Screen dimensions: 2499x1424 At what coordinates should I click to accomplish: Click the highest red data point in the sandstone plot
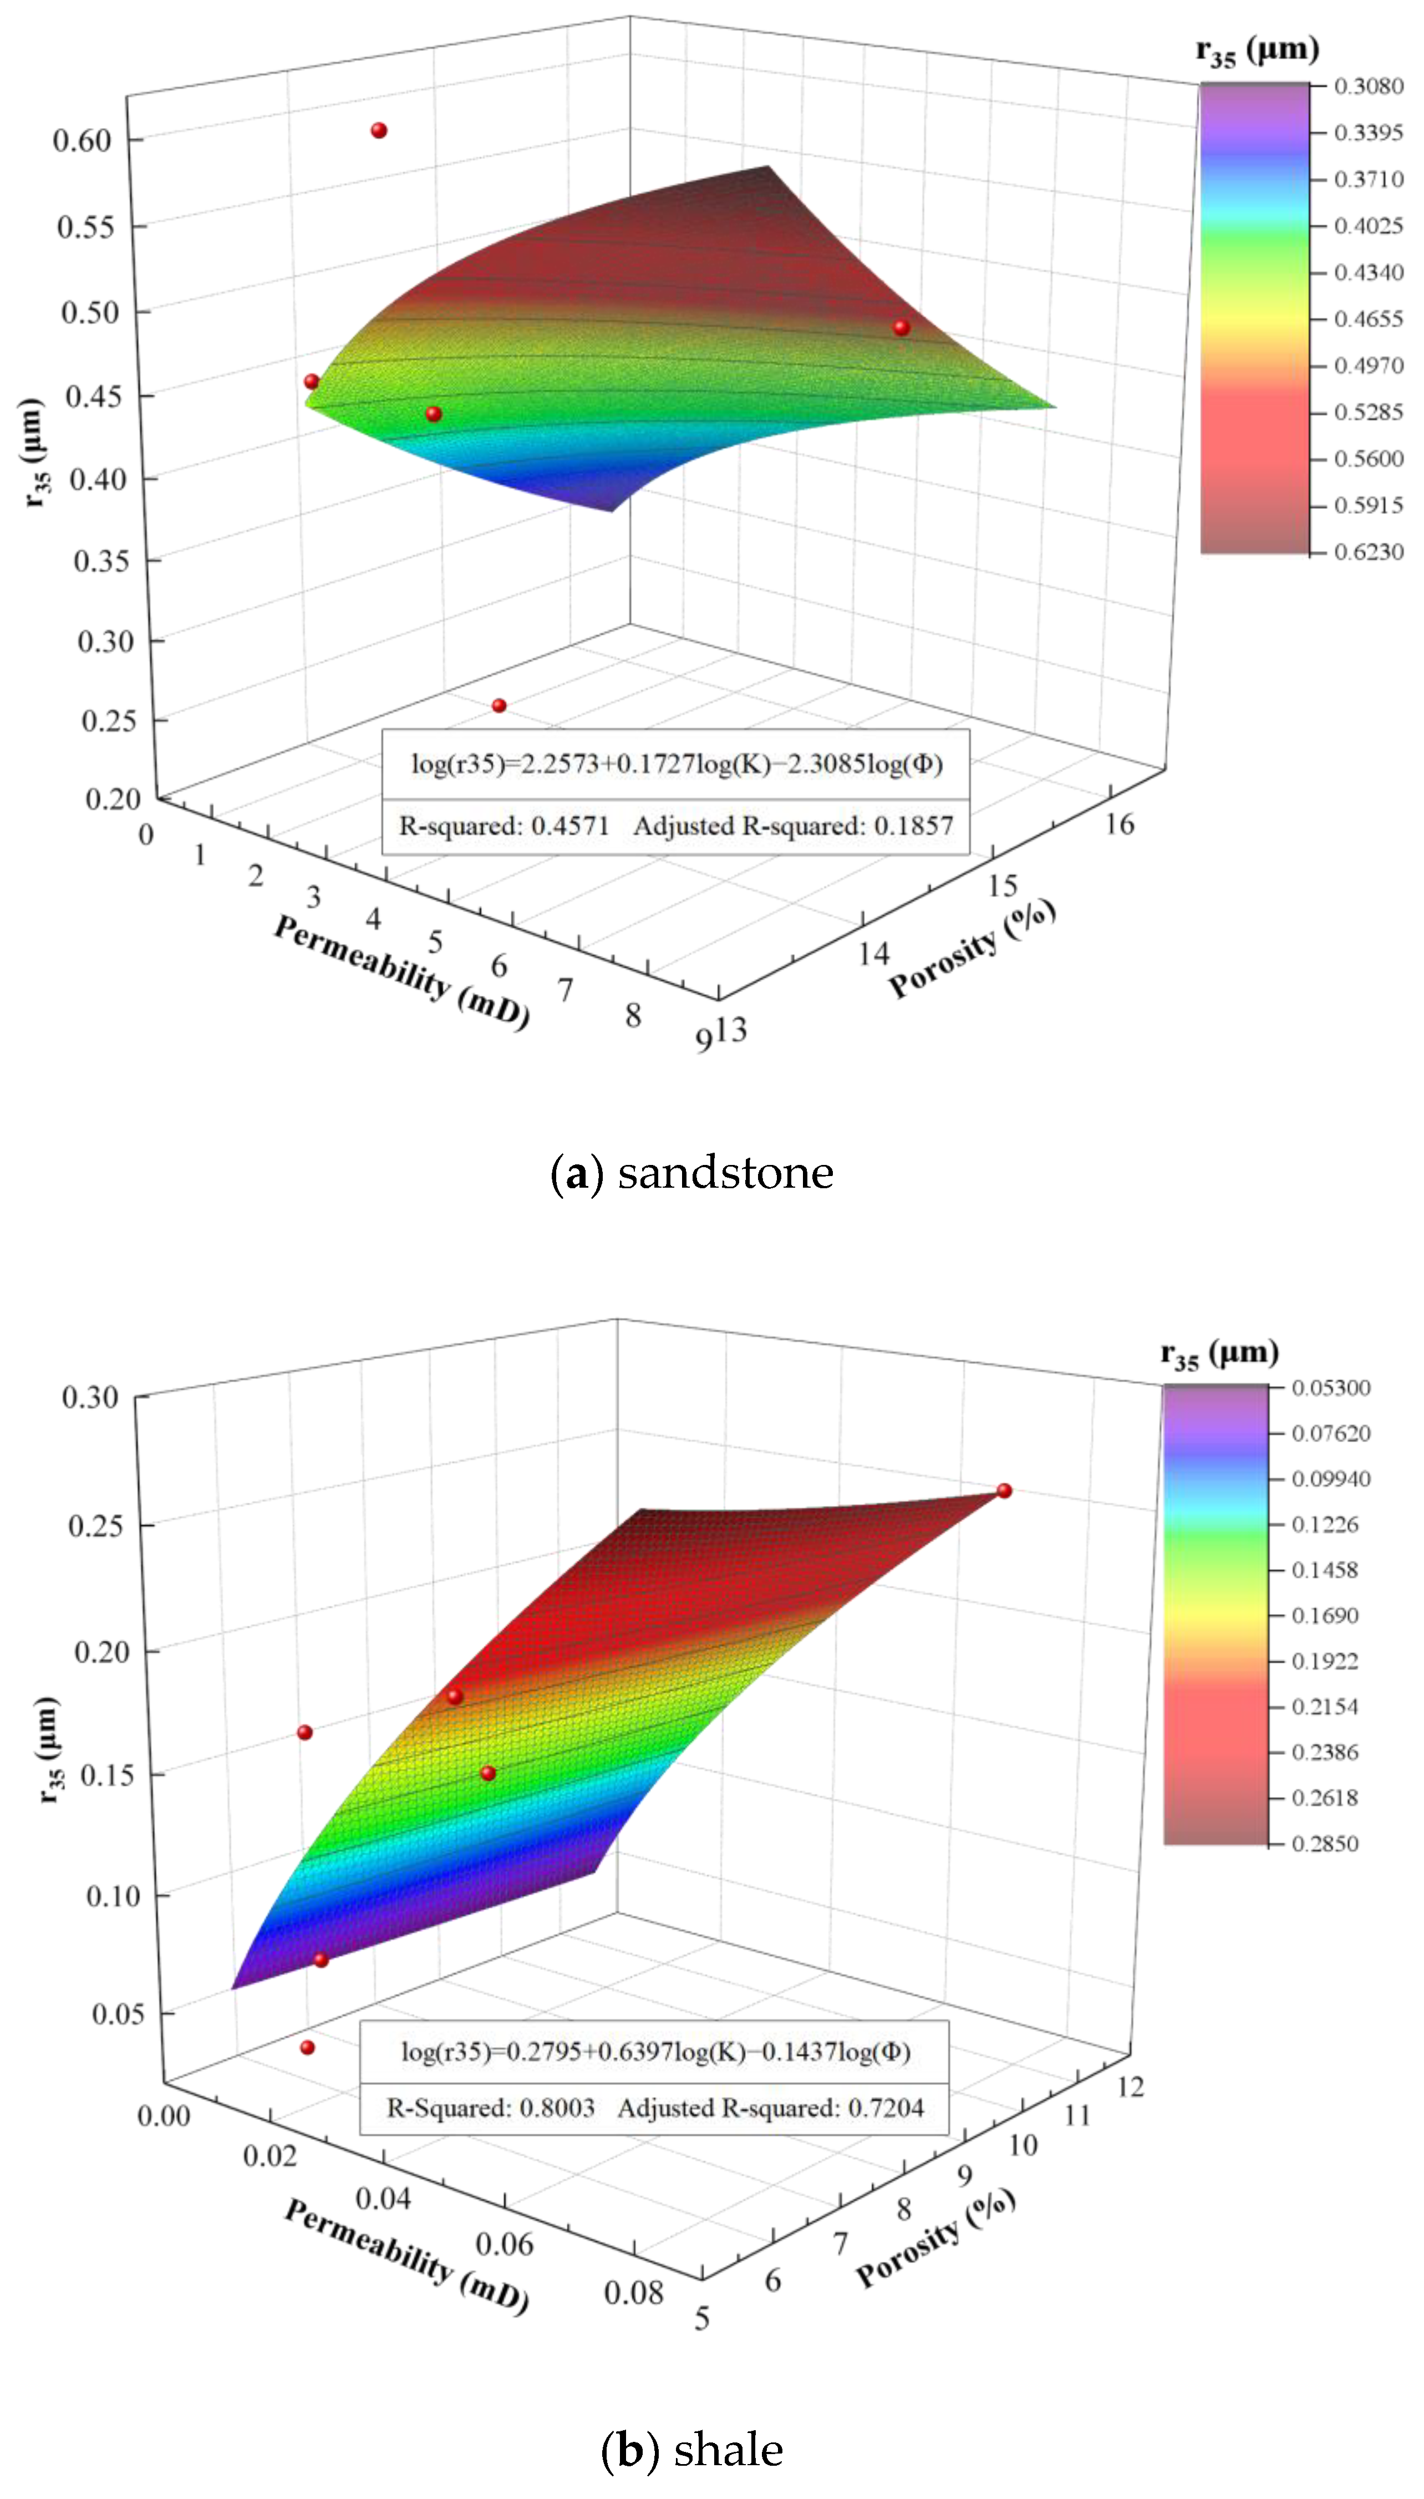[379, 130]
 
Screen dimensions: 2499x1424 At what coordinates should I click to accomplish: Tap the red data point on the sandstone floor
[499, 705]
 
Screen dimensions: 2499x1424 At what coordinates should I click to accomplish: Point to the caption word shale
[729, 2449]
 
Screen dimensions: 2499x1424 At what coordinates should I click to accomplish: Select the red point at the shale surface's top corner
[1004, 1490]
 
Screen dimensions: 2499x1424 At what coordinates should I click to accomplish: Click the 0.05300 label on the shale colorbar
[1330, 1387]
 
